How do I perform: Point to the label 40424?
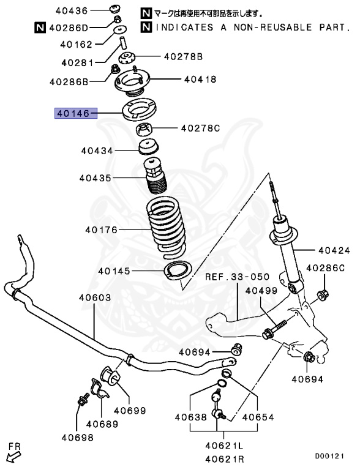tap(334, 250)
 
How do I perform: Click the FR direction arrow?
tap(12, 453)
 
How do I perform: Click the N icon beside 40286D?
tap(39, 27)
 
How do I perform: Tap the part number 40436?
tap(73, 10)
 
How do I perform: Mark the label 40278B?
tap(182, 56)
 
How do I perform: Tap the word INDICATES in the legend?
tap(187, 27)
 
